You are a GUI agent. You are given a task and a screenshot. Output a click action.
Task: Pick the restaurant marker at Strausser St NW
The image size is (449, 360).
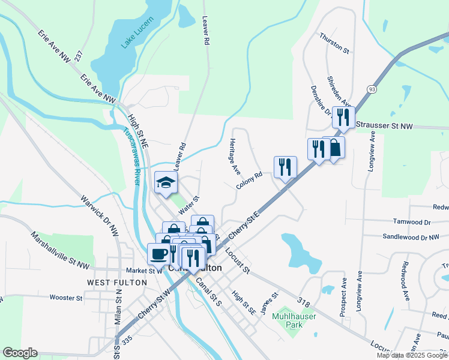click(x=343, y=117)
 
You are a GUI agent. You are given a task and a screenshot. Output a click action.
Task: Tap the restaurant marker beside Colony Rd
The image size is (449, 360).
click(x=285, y=167)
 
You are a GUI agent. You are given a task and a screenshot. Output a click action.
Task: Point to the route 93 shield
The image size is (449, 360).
click(x=372, y=89)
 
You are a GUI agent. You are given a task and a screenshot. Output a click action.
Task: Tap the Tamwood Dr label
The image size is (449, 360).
click(x=411, y=222)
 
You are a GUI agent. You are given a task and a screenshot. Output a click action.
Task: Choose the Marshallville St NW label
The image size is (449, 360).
click(x=60, y=250)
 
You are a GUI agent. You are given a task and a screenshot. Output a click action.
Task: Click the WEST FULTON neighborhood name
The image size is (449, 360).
click(x=116, y=282)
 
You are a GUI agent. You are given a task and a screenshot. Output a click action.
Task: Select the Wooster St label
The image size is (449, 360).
click(x=66, y=298)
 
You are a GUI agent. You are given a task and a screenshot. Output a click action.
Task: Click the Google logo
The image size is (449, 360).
click(x=19, y=353)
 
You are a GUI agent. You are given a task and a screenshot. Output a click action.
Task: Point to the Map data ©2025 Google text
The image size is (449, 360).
click(x=411, y=355)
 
